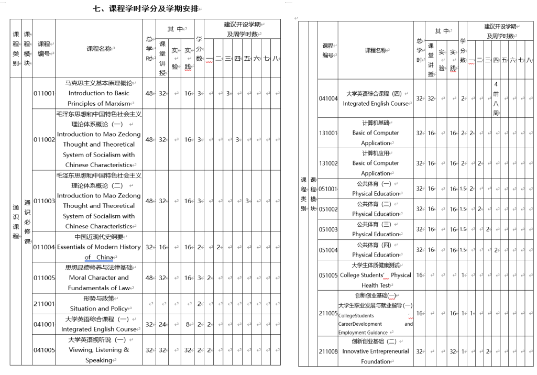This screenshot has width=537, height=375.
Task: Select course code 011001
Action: pos(43,93)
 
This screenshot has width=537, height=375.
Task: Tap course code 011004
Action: pos(43,247)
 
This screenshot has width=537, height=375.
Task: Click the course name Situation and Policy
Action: pos(98,308)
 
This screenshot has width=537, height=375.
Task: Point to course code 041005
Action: pos(43,349)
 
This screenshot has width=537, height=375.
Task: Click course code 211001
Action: pos(43,303)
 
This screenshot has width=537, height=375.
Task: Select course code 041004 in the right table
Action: pos(328,98)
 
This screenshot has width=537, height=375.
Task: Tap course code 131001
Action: pos(328,133)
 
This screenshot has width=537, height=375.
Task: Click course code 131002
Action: pos(328,163)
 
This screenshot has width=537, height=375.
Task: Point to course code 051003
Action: pos(328,229)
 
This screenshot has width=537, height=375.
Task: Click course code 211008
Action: pos(328,351)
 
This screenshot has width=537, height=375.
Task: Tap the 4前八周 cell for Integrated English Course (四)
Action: pos(496,98)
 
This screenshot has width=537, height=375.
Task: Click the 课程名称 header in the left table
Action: pos(98,49)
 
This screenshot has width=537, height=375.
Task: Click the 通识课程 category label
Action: pos(16,221)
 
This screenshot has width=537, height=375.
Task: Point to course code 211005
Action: pos(328,313)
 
